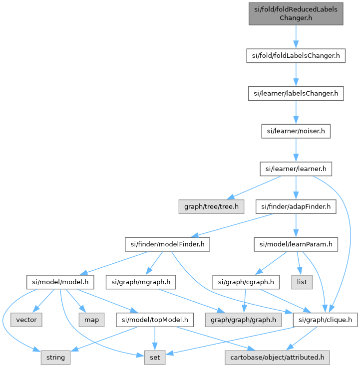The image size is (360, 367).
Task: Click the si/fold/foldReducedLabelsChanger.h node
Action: [296, 13]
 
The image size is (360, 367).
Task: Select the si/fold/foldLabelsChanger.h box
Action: [296, 55]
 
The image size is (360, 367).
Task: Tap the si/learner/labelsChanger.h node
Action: [296, 93]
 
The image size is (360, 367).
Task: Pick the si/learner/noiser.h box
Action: [296, 131]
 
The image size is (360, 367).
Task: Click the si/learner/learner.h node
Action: [296, 169]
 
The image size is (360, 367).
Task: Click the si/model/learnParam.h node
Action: [296, 245]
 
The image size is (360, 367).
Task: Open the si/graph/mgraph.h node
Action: [140, 282]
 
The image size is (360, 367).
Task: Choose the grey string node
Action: [55, 357]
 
